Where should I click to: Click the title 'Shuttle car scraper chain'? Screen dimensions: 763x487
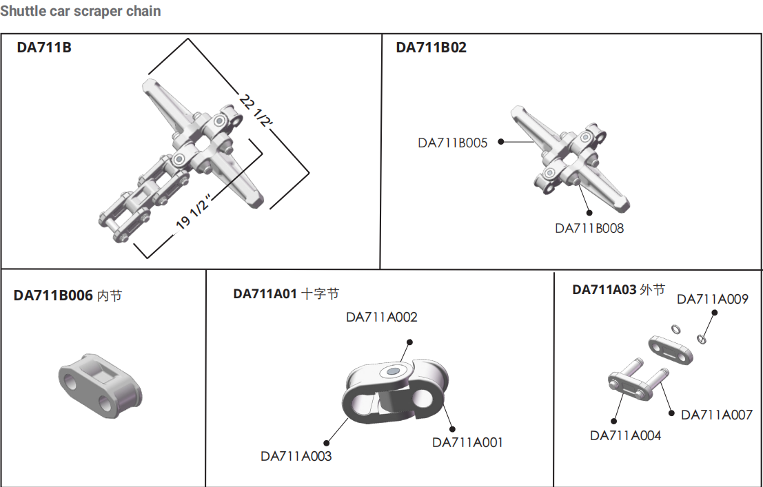click(80, 11)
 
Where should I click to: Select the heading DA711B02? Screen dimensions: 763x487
click(431, 48)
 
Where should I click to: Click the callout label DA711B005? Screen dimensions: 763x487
click(453, 143)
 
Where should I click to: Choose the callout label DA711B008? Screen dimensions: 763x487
click(589, 228)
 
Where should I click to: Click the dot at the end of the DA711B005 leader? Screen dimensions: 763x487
click(500, 142)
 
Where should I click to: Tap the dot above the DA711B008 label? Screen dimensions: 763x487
click(589, 213)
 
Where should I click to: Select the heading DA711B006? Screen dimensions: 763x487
click(53, 296)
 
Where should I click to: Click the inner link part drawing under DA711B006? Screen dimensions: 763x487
click(100, 386)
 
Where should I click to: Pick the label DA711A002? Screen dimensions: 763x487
click(382, 318)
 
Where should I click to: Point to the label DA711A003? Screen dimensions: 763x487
click(296, 456)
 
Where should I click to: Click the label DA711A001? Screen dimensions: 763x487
click(467, 442)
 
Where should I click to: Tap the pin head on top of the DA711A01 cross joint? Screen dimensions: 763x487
click(393, 372)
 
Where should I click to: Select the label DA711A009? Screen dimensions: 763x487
click(713, 299)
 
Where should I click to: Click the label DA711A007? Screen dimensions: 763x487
click(717, 415)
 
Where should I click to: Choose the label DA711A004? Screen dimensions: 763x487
click(625, 435)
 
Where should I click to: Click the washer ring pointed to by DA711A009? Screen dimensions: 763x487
click(701, 339)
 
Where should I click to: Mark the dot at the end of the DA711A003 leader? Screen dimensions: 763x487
click(327, 443)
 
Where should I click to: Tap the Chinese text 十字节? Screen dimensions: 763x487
click(321, 294)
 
